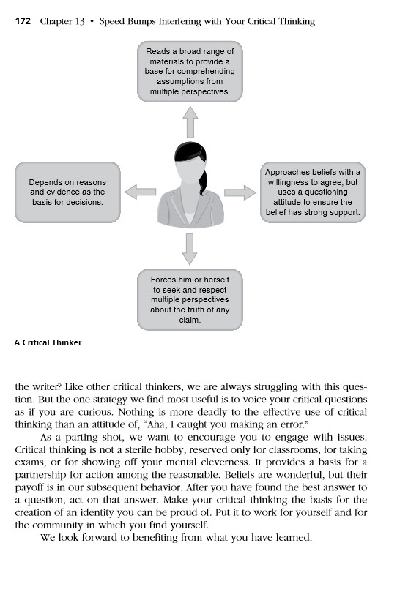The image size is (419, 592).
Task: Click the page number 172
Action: click(22, 22)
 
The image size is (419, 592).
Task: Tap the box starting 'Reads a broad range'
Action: click(190, 72)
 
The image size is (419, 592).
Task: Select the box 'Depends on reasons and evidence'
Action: click(67, 192)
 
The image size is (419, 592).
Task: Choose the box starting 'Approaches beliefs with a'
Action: click(313, 192)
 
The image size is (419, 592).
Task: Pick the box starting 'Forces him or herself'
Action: click(190, 300)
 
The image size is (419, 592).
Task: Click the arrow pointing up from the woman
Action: click(190, 121)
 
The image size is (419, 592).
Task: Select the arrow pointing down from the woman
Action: click(190, 249)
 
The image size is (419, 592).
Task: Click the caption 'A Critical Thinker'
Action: click(48, 342)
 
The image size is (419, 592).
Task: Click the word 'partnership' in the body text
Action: click(48, 479)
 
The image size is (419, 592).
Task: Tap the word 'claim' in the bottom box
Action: click(190, 320)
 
